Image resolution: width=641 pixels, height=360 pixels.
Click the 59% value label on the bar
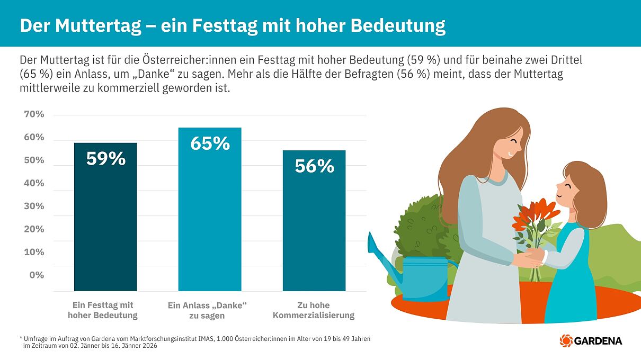(106, 159)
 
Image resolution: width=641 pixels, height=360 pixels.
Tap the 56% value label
(314, 167)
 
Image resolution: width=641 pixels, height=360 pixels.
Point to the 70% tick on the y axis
(34, 114)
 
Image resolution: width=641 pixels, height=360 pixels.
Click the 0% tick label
(37, 275)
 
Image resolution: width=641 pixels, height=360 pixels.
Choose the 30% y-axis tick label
(34, 206)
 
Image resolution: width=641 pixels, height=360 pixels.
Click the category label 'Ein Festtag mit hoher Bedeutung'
(103, 310)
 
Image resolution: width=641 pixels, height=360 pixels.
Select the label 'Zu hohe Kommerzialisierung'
(314, 310)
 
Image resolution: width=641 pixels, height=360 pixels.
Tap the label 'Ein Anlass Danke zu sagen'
(207, 310)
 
